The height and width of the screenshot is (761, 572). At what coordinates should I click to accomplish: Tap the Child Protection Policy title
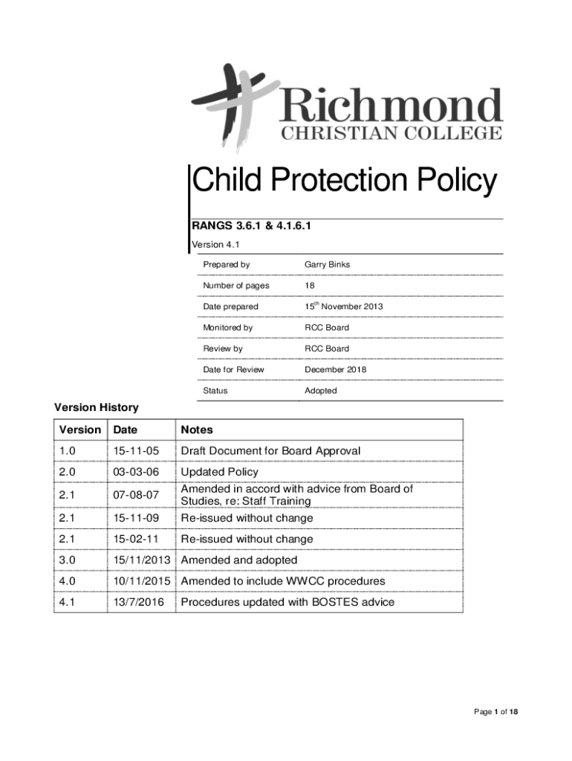pos(344,181)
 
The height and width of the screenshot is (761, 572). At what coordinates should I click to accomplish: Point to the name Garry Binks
pos(327,265)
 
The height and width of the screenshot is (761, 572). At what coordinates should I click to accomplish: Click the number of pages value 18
pos(309,285)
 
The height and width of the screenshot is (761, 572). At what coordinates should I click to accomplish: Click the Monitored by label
pos(227,328)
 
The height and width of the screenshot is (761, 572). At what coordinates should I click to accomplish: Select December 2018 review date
pos(335,369)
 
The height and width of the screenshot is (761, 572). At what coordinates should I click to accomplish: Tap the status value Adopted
pos(320,391)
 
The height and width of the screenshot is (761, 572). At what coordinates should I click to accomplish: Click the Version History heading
pos(97,407)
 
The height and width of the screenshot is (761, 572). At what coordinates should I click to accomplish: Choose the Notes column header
pos(197,430)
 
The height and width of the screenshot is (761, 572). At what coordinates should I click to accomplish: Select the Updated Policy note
pos(220,472)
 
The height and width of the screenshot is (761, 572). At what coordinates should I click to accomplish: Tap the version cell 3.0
pos(68,560)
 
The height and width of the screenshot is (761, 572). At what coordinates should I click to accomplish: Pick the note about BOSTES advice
pos(287,602)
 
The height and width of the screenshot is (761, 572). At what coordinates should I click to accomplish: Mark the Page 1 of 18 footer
pos(495,712)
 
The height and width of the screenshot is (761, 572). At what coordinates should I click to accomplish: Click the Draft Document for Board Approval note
pos(271,451)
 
